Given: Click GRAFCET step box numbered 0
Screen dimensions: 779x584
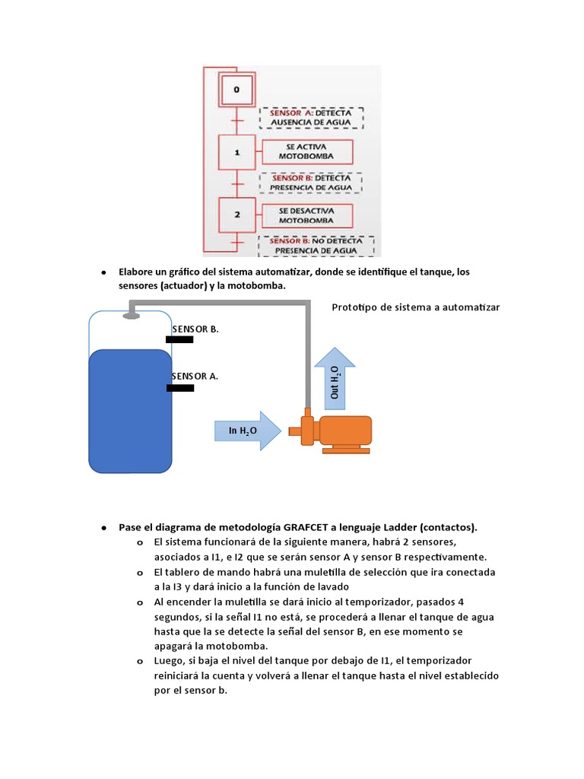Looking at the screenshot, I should coord(236,90).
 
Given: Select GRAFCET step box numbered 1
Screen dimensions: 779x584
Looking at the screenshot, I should coord(237,152).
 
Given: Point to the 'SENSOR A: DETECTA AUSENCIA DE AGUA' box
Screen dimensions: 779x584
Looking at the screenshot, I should coord(312,118).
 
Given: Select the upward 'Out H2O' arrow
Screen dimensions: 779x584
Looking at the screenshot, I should coord(335,377).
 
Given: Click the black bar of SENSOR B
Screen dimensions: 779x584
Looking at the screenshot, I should coord(179,340).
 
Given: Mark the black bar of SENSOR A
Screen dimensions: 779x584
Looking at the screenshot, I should coord(180,388).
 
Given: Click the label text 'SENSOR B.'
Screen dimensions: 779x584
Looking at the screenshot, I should coord(195,329).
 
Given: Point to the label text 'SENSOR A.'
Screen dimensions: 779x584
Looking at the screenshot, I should coord(195,376).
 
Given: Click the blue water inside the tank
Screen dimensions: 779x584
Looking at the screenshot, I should coord(130,411).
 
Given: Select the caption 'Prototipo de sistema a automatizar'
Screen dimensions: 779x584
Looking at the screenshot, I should coord(416,307).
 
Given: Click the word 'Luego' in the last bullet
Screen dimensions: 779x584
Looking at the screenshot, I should coord(169,660).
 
